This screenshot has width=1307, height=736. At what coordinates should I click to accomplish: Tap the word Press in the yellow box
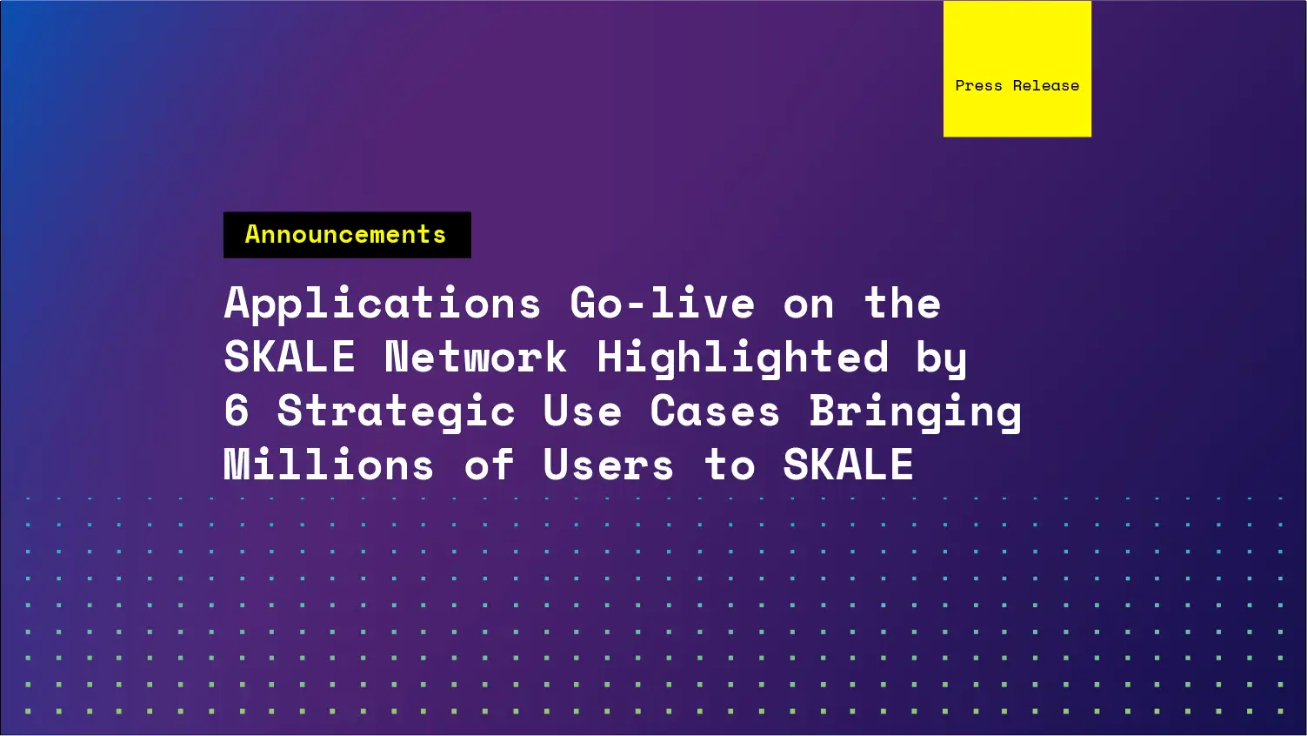[978, 85]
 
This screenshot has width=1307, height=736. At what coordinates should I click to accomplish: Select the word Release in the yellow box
[1045, 85]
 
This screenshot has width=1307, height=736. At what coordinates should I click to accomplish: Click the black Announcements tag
[347, 235]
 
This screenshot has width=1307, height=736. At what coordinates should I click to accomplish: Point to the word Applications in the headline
[383, 304]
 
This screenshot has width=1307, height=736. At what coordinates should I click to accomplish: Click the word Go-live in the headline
[662, 304]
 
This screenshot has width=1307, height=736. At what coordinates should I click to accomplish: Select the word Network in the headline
[476, 358]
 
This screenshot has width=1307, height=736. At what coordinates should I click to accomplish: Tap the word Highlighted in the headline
[743, 358]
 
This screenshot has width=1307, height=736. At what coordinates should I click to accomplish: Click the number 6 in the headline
[237, 411]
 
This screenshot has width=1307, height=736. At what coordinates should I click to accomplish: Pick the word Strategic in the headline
[396, 411]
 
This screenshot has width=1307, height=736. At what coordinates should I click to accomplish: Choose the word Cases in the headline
[715, 411]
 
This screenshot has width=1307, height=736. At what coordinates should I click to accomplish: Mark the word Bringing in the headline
[915, 411]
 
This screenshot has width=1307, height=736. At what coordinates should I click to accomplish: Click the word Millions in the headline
[329, 465]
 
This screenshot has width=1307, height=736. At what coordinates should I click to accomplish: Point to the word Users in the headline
[608, 465]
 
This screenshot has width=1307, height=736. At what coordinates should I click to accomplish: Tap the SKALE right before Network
[290, 358]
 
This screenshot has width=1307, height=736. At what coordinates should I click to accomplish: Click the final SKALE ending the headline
[848, 465]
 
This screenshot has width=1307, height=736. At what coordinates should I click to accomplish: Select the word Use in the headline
[582, 411]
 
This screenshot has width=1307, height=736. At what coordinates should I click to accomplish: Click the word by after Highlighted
[941, 358]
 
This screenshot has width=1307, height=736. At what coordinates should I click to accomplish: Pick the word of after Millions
[489, 465]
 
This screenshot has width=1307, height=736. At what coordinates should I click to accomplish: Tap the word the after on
[902, 304]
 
